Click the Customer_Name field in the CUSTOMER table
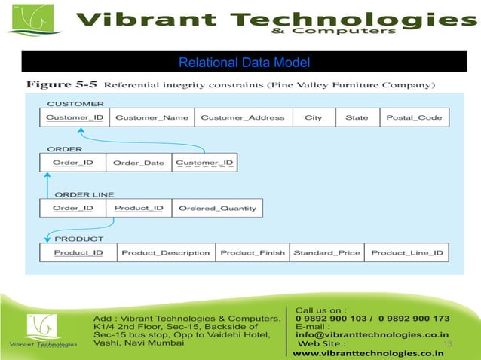(152, 117)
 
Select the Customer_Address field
(243, 117)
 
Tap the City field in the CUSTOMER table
(313, 117)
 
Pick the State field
(357, 117)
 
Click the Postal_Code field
(414, 117)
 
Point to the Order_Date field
(139, 163)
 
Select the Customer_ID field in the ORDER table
(204, 163)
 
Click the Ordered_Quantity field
(217, 208)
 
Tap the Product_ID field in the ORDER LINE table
(139, 208)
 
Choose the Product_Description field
(166, 252)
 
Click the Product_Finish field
(253, 252)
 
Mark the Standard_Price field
(326, 252)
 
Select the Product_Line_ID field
(407, 252)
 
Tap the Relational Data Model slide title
(244, 62)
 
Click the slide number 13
(447, 344)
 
